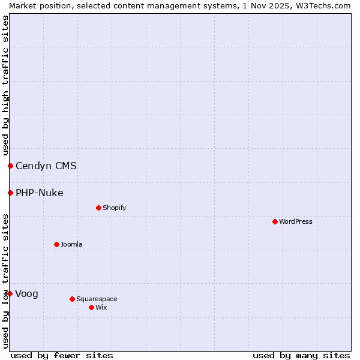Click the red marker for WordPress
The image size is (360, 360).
tap(275, 221)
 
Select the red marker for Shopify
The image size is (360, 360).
tap(98, 208)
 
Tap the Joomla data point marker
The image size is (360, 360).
tap(56, 244)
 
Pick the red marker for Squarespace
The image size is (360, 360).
tap(72, 299)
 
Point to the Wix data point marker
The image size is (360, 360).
tap(91, 307)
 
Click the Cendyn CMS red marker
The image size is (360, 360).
tap(10, 166)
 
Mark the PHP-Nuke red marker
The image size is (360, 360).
tap(10, 193)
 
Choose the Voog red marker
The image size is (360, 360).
tap(10, 293)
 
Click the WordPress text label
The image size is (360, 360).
tap(296, 221)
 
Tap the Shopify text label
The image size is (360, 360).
tap(114, 208)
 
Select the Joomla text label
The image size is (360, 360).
tap(71, 244)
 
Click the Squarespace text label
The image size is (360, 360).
tap(97, 299)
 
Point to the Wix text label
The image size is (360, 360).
tap(101, 307)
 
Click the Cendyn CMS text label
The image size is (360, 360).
tap(46, 166)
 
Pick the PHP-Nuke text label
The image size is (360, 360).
tap(40, 193)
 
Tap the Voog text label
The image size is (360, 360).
tap(27, 293)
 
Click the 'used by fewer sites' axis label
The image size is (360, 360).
tap(62, 355)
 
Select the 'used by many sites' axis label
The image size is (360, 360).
tap(301, 355)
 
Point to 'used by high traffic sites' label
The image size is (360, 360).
tap(5, 85)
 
